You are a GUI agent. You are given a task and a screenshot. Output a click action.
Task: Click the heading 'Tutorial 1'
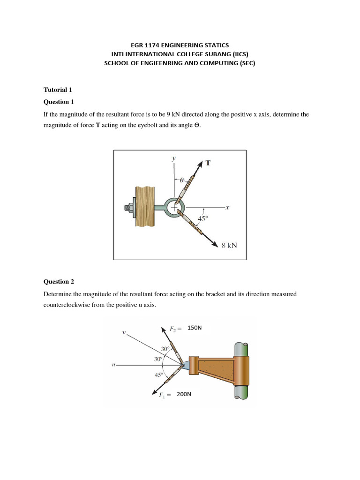point(58,90)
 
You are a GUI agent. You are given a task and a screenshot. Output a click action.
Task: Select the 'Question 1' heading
point(59,102)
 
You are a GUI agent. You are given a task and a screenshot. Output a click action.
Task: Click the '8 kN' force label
point(229,245)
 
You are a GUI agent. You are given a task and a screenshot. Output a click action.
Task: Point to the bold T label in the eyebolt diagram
point(208,163)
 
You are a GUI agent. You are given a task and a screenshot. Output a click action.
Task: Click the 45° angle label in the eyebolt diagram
point(203,218)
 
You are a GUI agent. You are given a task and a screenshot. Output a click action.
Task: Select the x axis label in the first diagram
point(227,207)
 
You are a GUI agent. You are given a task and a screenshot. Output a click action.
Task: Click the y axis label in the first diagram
point(174,158)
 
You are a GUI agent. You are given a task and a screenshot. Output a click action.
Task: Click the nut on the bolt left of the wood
point(130,207)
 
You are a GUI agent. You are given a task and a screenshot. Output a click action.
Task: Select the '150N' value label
point(194,328)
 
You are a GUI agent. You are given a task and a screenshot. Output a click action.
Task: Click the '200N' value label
point(184,394)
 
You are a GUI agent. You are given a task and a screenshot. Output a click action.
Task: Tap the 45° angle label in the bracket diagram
point(159,375)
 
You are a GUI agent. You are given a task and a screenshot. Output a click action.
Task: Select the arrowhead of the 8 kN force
point(215,244)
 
